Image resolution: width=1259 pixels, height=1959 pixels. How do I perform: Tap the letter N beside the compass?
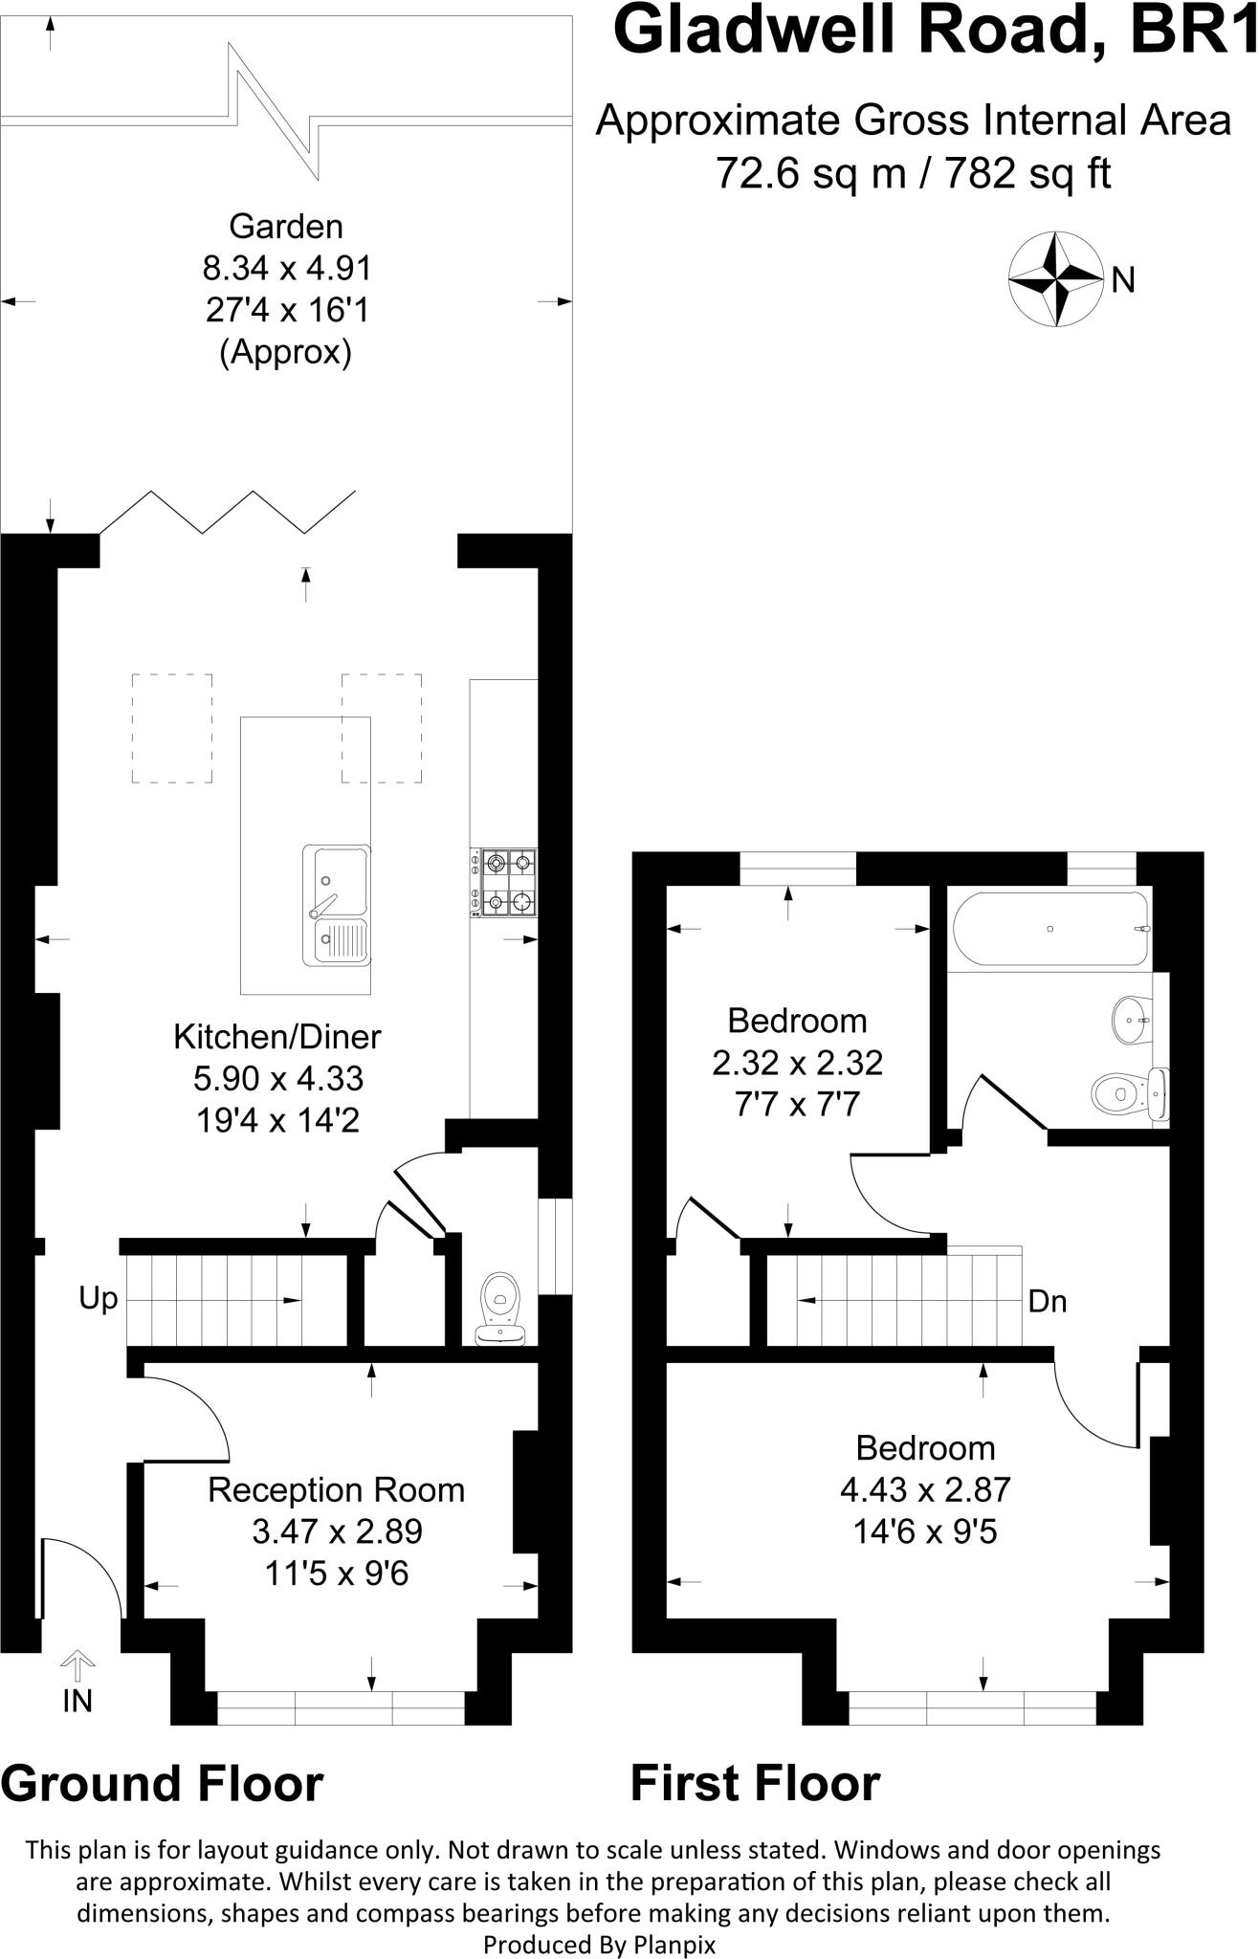1123,281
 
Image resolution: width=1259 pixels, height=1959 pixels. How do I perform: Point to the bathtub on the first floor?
1050,929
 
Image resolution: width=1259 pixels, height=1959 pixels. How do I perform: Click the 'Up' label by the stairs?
99,1299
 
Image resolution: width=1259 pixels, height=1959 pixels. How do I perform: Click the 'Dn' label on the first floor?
1048,1302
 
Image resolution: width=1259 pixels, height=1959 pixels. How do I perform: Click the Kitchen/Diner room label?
277,1036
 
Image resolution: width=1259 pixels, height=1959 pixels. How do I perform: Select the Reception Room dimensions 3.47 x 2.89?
337,1531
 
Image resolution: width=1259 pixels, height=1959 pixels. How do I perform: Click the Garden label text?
285,227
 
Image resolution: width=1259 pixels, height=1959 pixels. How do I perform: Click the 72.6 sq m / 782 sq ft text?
914,173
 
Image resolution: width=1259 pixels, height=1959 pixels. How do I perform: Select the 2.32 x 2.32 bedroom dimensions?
797,1063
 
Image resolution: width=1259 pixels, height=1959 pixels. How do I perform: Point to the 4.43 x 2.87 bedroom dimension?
925,1489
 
